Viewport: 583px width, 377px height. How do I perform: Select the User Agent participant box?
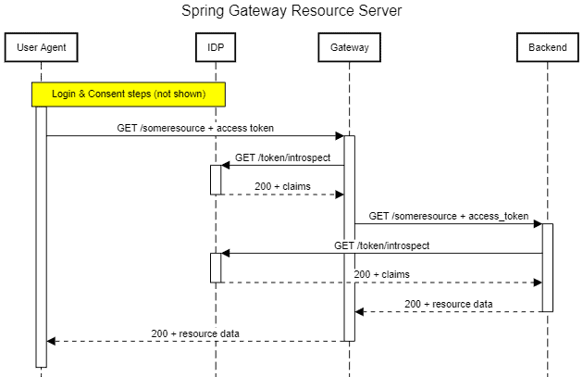pos(41,46)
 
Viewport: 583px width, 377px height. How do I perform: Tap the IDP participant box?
pos(216,46)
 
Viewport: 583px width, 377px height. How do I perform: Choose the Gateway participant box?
pos(349,46)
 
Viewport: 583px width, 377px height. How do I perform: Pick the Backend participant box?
pos(547,46)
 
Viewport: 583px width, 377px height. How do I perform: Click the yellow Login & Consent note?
pos(129,94)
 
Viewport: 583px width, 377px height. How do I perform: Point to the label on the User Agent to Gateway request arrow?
pos(195,128)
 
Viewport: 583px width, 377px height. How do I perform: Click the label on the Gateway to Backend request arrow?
pos(448,216)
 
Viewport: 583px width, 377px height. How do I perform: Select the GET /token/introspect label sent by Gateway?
pos(282,157)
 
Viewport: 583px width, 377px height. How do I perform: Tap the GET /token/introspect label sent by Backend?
pos(381,245)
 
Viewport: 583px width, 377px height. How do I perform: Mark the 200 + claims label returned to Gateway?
pos(282,186)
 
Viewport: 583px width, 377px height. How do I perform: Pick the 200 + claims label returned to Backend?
pos(381,274)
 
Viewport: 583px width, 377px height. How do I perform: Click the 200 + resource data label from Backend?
pos(448,304)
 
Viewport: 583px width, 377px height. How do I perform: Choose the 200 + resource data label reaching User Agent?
pos(195,333)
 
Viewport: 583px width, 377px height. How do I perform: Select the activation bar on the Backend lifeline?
pos(547,267)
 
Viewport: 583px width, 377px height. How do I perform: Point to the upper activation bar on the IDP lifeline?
pos(216,180)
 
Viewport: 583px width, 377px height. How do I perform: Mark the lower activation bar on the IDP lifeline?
pos(216,267)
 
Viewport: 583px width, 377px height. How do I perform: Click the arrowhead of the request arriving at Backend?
pos(536,223)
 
